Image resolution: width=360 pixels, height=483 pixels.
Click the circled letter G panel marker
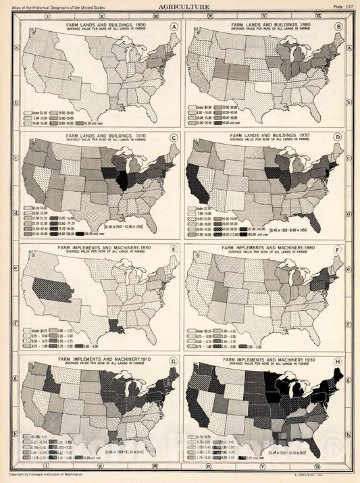point(174,370)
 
